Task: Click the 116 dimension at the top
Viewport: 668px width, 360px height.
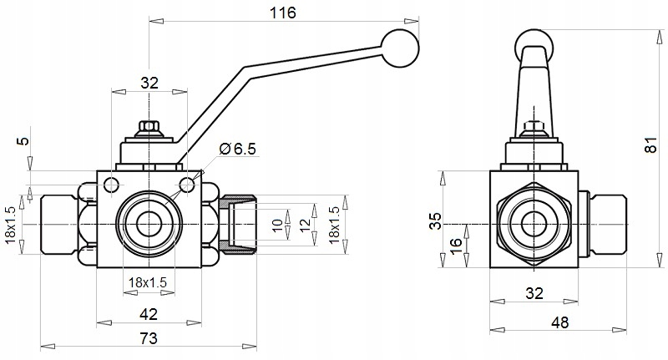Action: [284, 12]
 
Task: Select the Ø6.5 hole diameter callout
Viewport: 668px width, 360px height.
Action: [236, 149]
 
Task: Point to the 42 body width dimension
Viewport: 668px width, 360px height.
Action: [149, 314]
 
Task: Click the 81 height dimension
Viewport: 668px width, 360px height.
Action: [650, 144]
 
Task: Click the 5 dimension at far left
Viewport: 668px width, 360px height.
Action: [22, 141]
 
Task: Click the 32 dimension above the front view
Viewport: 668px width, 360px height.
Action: [149, 83]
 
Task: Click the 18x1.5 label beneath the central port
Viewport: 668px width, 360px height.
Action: [149, 282]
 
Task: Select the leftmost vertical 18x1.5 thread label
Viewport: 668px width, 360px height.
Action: [11, 226]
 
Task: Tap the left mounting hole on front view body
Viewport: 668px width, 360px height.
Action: [113, 183]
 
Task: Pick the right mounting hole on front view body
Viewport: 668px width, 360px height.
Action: [187, 183]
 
